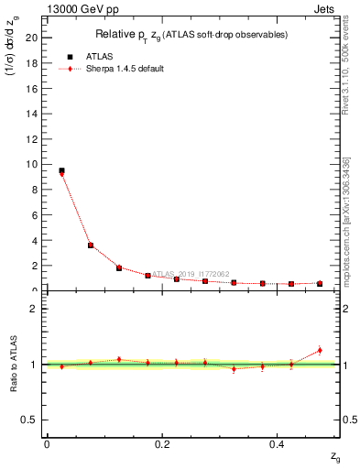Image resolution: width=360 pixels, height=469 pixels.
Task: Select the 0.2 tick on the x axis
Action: pos(162,443)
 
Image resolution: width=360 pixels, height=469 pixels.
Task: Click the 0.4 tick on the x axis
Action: pos(278,443)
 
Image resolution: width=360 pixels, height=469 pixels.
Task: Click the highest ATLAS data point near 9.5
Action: pos(61,170)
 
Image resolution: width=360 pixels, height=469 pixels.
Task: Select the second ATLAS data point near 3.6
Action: pos(91,245)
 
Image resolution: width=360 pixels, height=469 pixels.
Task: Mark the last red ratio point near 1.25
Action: pos(320,350)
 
